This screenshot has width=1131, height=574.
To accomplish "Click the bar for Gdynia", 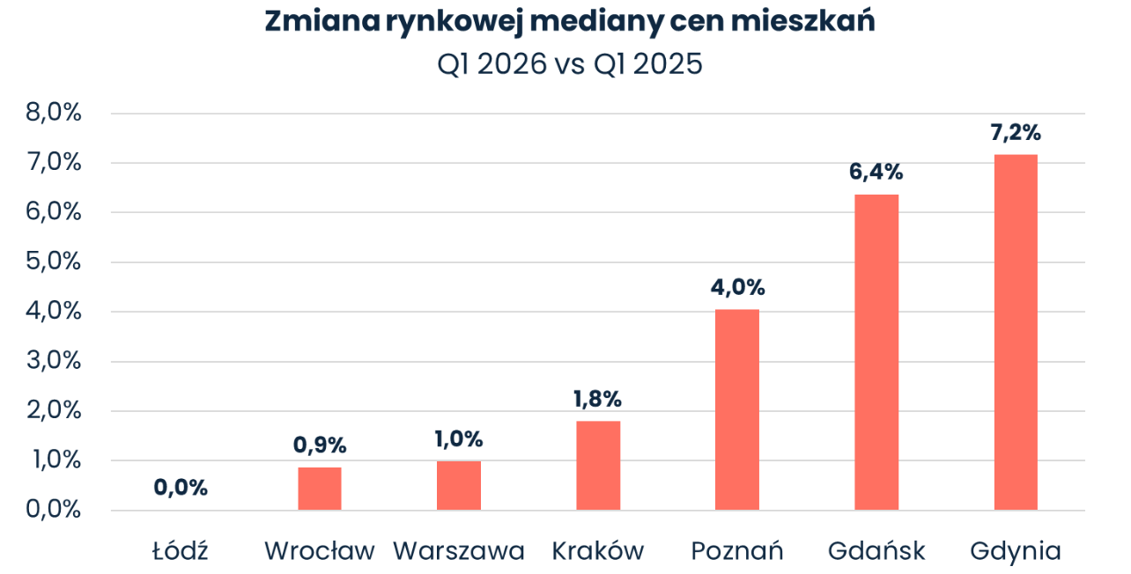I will click(x=1016, y=333).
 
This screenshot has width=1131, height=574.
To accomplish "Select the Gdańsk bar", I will click(x=876, y=352).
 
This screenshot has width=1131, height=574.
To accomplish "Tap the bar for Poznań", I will click(x=737, y=410).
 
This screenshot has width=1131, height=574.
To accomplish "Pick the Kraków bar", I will click(x=598, y=466).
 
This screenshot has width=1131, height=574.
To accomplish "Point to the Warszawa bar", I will click(x=459, y=485).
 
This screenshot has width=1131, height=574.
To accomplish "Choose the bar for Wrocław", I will click(x=320, y=489).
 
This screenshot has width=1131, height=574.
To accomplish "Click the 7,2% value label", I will click(x=1016, y=133).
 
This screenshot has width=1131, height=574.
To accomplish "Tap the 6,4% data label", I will click(x=876, y=173).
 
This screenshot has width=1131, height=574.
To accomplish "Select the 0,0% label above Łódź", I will click(x=181, y=487).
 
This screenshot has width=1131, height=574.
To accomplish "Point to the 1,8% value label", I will click(x=598, y=399).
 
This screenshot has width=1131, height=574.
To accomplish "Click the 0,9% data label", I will click(x=320, y=445).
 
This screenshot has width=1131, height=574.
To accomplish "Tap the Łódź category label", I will click(x=180, y=551).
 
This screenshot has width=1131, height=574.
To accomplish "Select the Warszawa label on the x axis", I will click(x=459, y=552).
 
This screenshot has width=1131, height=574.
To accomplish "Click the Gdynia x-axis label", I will click(x=1016, y=552).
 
